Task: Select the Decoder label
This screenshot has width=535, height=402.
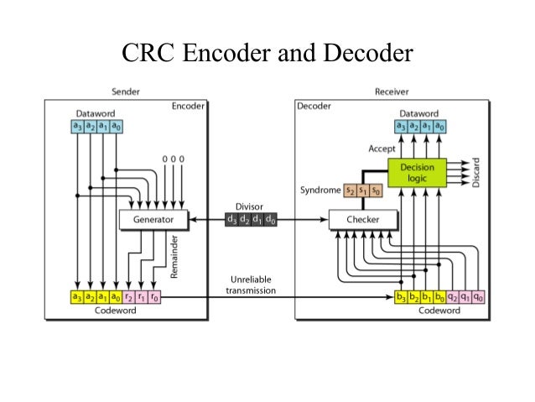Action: click(x=315, y=107)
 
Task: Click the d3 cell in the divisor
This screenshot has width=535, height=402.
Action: click(x=231, y=220)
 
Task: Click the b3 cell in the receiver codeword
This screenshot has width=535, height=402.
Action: click(x=401, y=296)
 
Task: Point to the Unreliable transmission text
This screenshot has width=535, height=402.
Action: click(x=249, y=285)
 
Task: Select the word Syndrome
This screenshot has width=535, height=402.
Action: click(x=319, y=191)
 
